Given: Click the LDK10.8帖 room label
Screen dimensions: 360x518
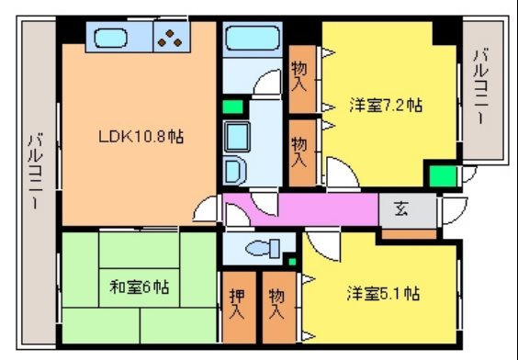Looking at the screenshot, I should click(x=141, y=137).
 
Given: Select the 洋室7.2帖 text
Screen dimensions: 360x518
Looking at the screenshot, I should click(x=385, y=106).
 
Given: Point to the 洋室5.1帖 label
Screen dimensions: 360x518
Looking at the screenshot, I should click(x=383, y=295).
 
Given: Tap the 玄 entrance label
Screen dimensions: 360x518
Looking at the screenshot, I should click(x=402, y=208).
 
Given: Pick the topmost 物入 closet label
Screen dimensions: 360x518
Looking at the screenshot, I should click(x=299, y=77).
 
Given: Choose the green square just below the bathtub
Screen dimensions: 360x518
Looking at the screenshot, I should click(x=231, y=106).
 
